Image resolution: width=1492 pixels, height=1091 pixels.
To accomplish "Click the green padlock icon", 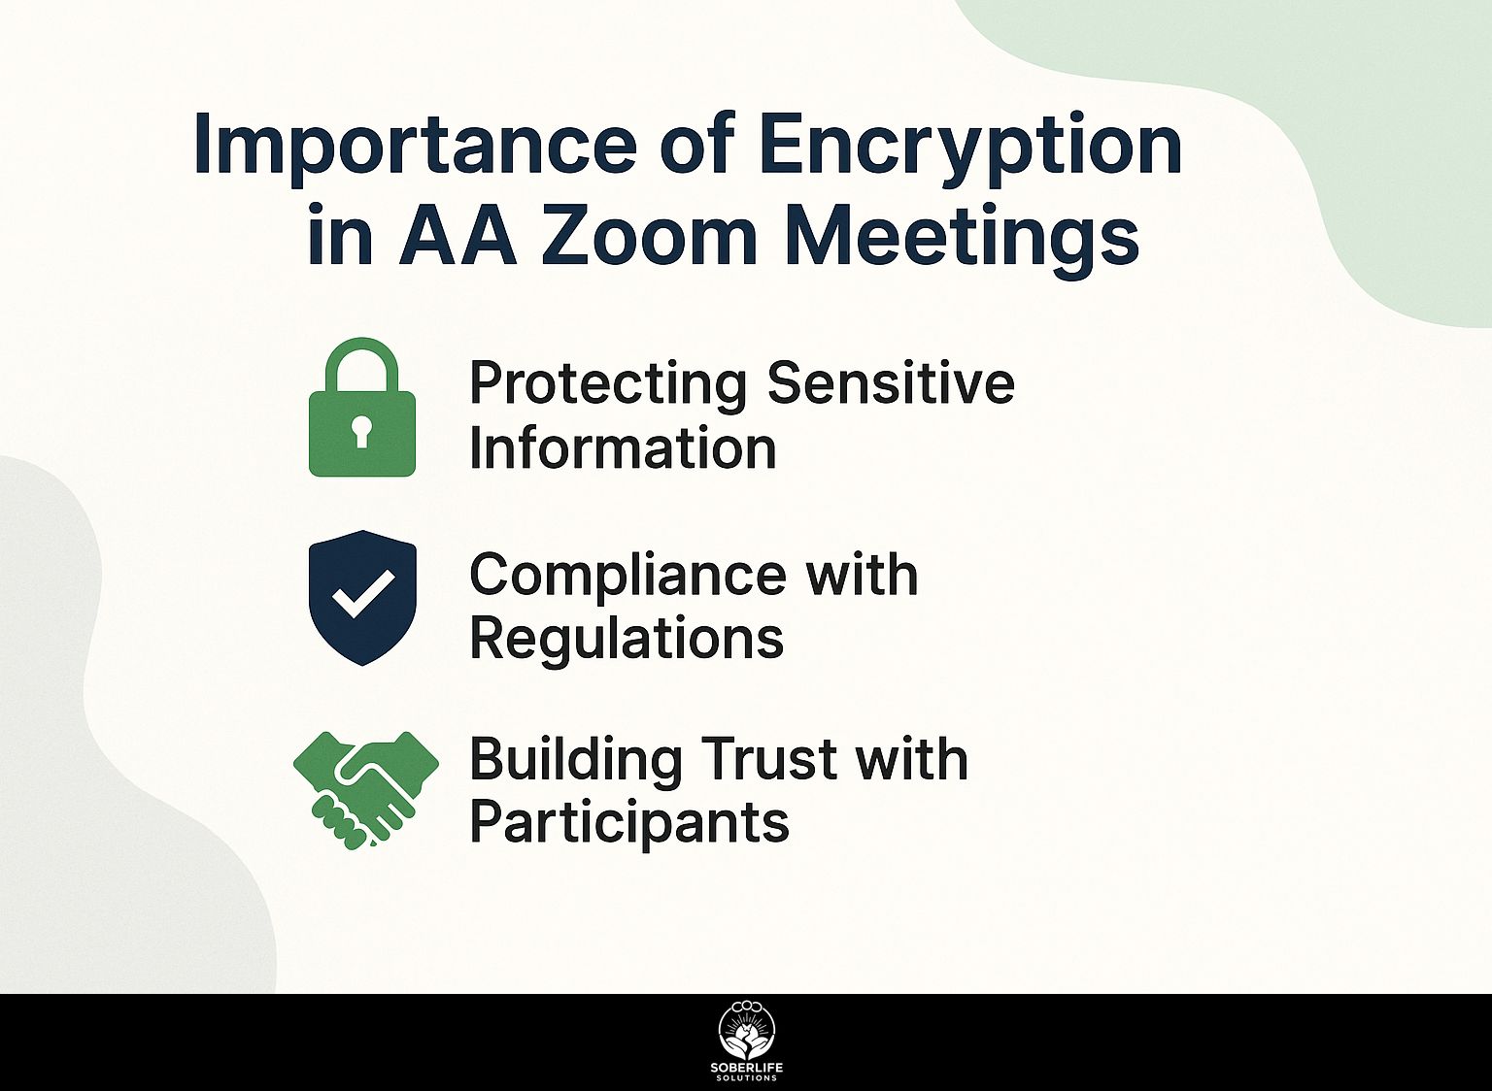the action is click(x=362, y=407).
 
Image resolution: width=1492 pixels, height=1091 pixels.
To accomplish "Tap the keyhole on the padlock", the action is click(x=361, y=432).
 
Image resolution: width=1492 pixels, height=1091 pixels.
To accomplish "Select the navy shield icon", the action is click(x=363, y=597).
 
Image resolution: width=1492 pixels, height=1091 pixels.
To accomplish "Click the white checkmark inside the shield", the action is click(x=363, y=593).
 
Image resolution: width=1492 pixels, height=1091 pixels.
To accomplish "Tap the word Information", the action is click(x=623, y=447).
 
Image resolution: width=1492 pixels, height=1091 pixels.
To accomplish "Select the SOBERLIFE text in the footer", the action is click(x=747, y=1069).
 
